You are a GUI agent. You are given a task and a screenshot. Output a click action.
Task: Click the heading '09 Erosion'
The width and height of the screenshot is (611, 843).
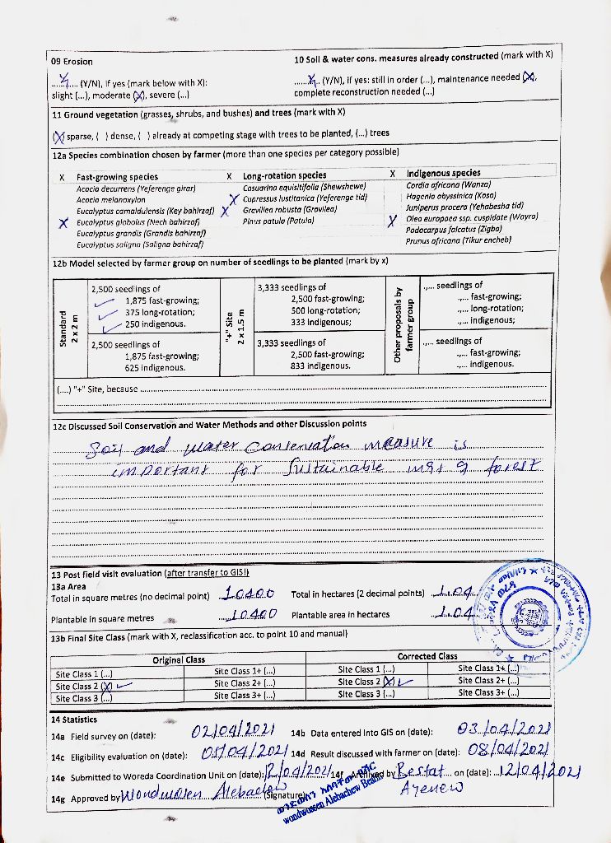coord(72,62)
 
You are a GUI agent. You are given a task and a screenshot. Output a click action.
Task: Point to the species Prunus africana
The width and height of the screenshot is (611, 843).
coord(459,240)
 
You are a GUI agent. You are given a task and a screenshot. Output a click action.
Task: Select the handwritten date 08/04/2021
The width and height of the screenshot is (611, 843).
coord(508,750)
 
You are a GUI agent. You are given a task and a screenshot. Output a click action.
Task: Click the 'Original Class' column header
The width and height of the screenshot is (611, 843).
coord(179,660)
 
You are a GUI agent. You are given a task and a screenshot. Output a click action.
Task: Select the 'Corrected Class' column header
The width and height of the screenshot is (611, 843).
coord(427,656)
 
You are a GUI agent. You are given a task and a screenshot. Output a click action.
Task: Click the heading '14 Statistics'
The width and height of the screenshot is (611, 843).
coord(74,720)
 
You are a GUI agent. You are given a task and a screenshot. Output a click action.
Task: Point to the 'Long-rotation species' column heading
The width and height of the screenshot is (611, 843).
coord(284,175)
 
